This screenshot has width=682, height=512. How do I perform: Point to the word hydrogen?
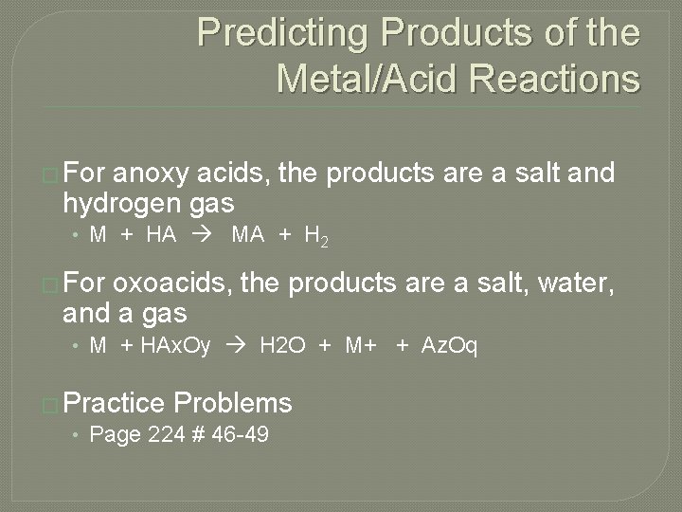pyautogui.click(x=113, y=203)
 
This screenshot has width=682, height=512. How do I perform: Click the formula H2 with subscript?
pyautogui.click(x=317, y=237)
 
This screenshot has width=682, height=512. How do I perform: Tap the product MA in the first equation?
pyautogui.click(x=248, y=236)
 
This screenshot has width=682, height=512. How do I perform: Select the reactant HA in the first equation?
pyautogui.click(x=161, y=236)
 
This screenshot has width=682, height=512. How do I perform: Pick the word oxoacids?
pyautogui.click(x=176, y=283)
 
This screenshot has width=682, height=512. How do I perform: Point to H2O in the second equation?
pyautogui.click(x=283, y=347)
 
